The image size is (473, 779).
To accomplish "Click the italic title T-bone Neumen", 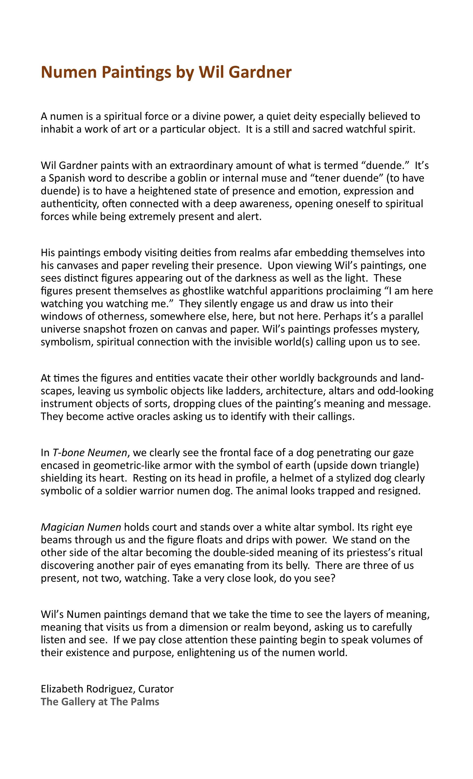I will coord(89,453).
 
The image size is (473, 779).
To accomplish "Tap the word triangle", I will coord(398,466).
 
